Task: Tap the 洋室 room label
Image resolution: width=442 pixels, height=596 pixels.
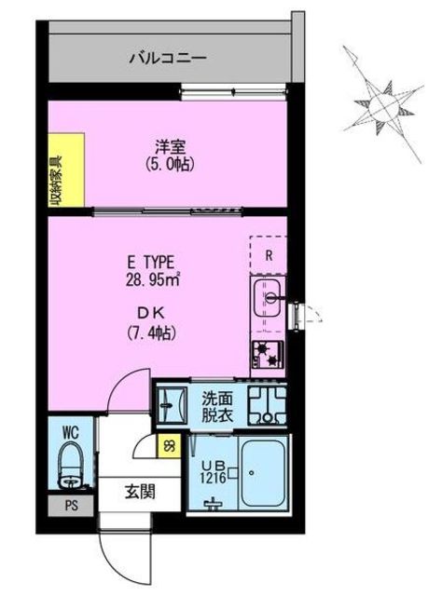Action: (168, 146)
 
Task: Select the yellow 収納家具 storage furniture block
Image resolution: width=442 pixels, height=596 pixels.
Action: (67, 167)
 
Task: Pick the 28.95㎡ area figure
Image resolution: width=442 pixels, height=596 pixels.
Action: (153, 278)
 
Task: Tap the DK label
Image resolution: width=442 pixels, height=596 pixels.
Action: (153, 314)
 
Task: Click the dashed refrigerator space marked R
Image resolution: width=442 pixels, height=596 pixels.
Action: (269, 253)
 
